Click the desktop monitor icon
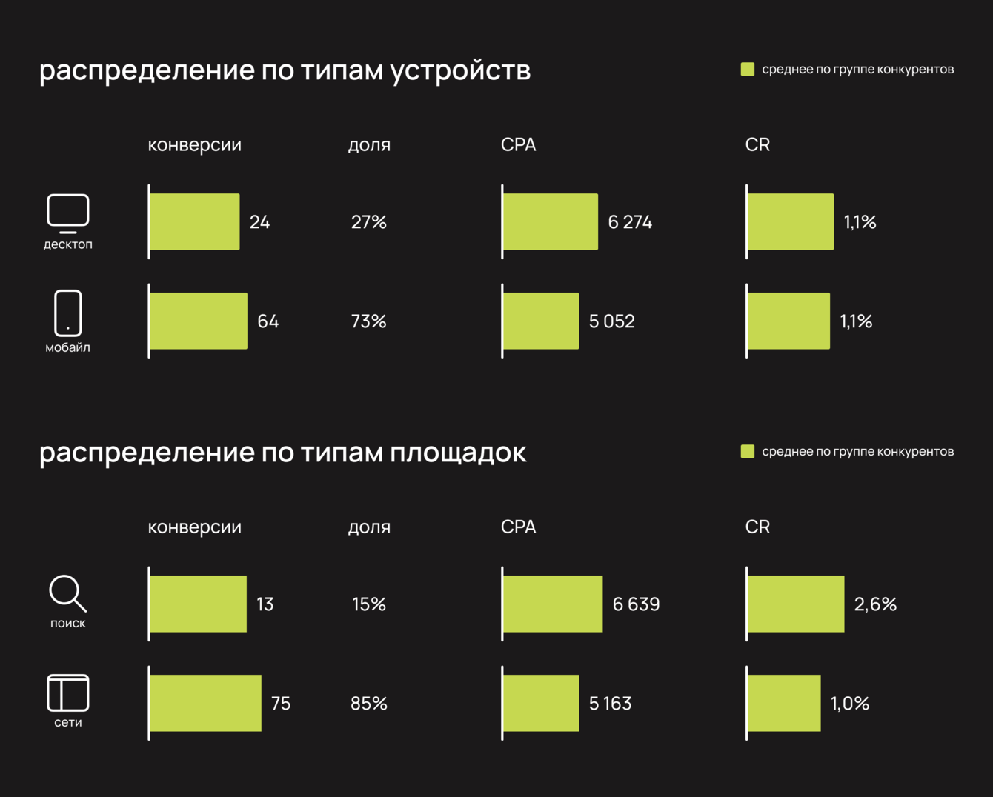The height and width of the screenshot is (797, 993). coord(68,213)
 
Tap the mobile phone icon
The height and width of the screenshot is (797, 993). coord(68,313)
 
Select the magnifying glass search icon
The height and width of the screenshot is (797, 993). coord(67,593)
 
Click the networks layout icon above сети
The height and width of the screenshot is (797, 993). coord(68,693)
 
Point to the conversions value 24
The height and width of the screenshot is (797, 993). coord(259,222)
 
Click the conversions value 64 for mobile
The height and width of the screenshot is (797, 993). coord(268,321)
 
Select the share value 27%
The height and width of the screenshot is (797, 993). coord(369,222)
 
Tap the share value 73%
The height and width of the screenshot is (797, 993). coord(369,321)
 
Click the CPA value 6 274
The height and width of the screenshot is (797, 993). coord(630,222)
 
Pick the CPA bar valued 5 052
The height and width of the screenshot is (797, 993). coord(541,321)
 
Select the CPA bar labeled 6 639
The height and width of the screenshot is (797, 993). coord(553,604)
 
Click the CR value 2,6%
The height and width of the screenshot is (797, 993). coord(875,604)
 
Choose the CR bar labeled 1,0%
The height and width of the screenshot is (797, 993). coord(784,703)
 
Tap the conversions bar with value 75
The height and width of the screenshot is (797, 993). coord(205,703)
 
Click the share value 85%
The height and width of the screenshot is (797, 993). coord(369,704)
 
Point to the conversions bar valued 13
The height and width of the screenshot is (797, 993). coord(198,604)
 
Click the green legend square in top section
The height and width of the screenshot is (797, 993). coord(748,69)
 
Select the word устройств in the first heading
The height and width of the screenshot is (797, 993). coord(460,71)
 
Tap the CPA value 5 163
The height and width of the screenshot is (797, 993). coord(610,704)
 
